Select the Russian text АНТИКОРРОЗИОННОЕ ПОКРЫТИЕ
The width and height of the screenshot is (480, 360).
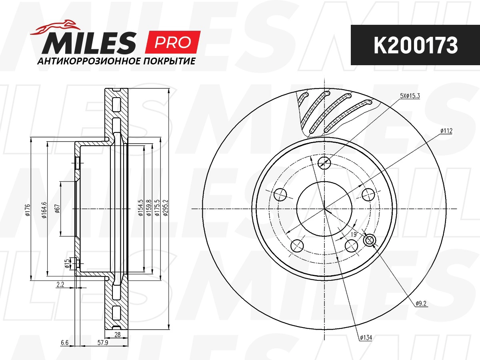click(116, 61)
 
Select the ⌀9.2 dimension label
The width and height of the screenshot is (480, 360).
click(422, 304)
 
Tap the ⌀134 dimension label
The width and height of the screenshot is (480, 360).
click(366, 338)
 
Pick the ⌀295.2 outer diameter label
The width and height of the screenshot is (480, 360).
click(165, 208)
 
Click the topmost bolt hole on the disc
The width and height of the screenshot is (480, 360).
click(324, 162)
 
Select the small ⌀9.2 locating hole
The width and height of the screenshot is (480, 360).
click(370, 240)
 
